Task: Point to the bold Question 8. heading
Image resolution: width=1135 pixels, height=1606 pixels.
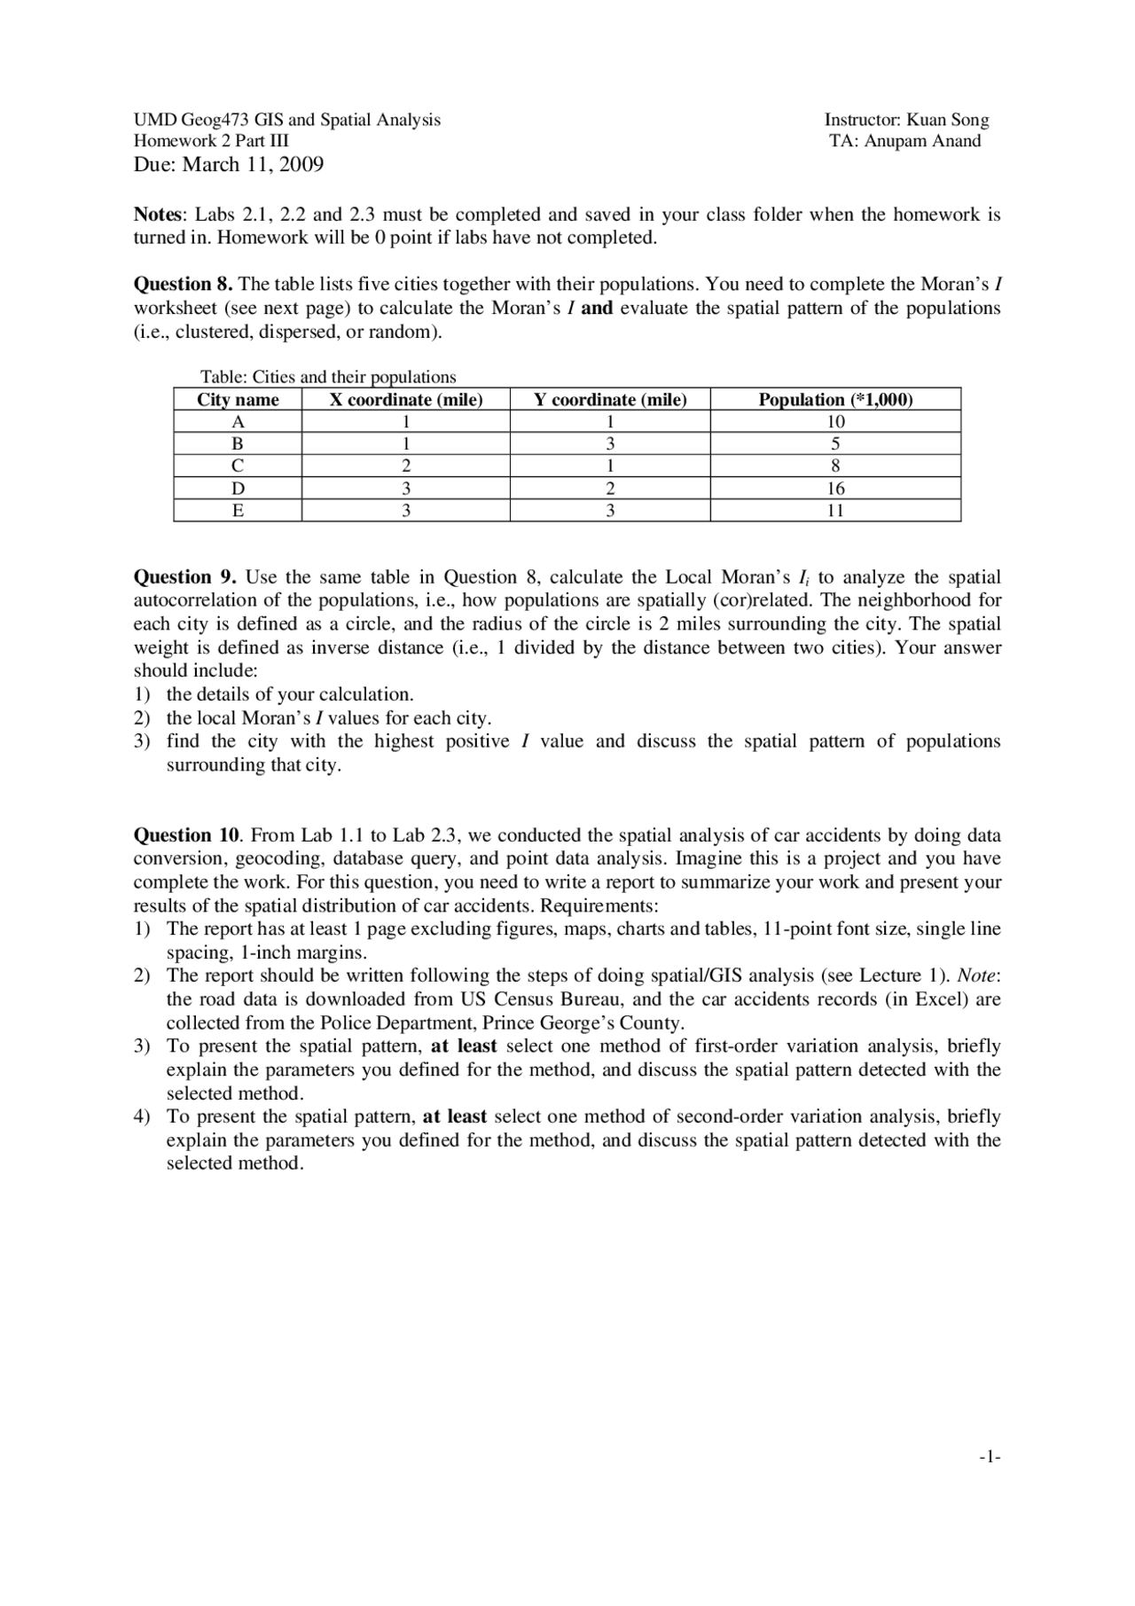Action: [183, 285]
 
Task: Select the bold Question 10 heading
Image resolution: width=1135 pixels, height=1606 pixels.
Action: [186, 835]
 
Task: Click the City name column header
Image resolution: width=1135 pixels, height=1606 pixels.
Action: [238, 400]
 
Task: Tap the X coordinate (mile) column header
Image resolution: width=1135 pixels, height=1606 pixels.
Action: [406, 400]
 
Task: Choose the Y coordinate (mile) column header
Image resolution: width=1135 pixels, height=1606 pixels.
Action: [610, 400]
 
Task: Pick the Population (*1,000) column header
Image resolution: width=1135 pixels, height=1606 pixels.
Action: [835, 400]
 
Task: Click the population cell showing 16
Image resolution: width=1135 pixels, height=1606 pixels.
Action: [835, 489]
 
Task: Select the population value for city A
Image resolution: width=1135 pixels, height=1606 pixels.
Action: [835, 422]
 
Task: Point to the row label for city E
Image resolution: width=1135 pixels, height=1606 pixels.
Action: [238, 511]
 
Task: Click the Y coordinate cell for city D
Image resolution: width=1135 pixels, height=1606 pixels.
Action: [610, 489]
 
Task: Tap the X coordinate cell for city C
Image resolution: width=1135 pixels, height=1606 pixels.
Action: [406, 466]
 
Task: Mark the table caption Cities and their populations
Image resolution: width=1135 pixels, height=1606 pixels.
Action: [328, 377]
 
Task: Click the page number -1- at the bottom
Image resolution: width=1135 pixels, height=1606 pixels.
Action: [990, 1456]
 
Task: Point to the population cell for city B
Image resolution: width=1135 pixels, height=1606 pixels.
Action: [835, 444]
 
